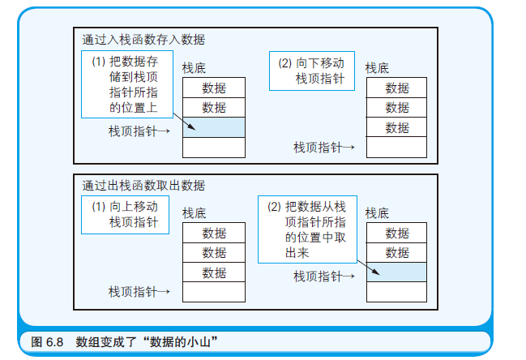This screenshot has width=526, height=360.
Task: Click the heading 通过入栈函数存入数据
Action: [x=143, y=39]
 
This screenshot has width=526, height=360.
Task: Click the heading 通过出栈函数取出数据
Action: [x=143, y=186]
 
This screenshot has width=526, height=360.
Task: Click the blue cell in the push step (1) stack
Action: [x=214, y=127]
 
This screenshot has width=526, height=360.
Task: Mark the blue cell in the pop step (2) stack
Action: [x=396, y=272]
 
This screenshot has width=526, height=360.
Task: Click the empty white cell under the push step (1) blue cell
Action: [x=214, y=147]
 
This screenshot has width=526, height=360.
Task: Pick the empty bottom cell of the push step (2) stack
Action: [x=396, y=147]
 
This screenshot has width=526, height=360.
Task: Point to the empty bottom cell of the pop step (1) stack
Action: [x=214, y=292]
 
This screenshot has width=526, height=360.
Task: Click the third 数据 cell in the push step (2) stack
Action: [x=396, y=127]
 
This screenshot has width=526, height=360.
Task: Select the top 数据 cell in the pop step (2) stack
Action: [x=396, y=234]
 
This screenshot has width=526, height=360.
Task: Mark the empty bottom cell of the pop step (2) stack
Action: [x=396, y=292]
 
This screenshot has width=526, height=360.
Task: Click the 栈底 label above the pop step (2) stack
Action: [x=378, y=213]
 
